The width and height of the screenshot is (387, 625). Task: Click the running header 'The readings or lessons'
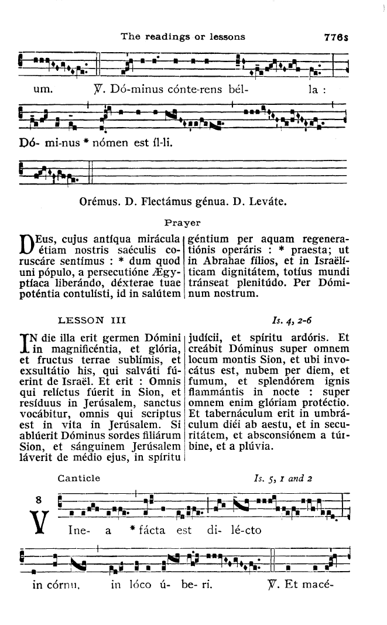182,36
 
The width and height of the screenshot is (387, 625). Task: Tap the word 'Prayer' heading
183,223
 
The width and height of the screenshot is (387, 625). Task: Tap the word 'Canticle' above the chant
78,478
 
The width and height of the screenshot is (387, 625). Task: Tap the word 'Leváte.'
269,202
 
